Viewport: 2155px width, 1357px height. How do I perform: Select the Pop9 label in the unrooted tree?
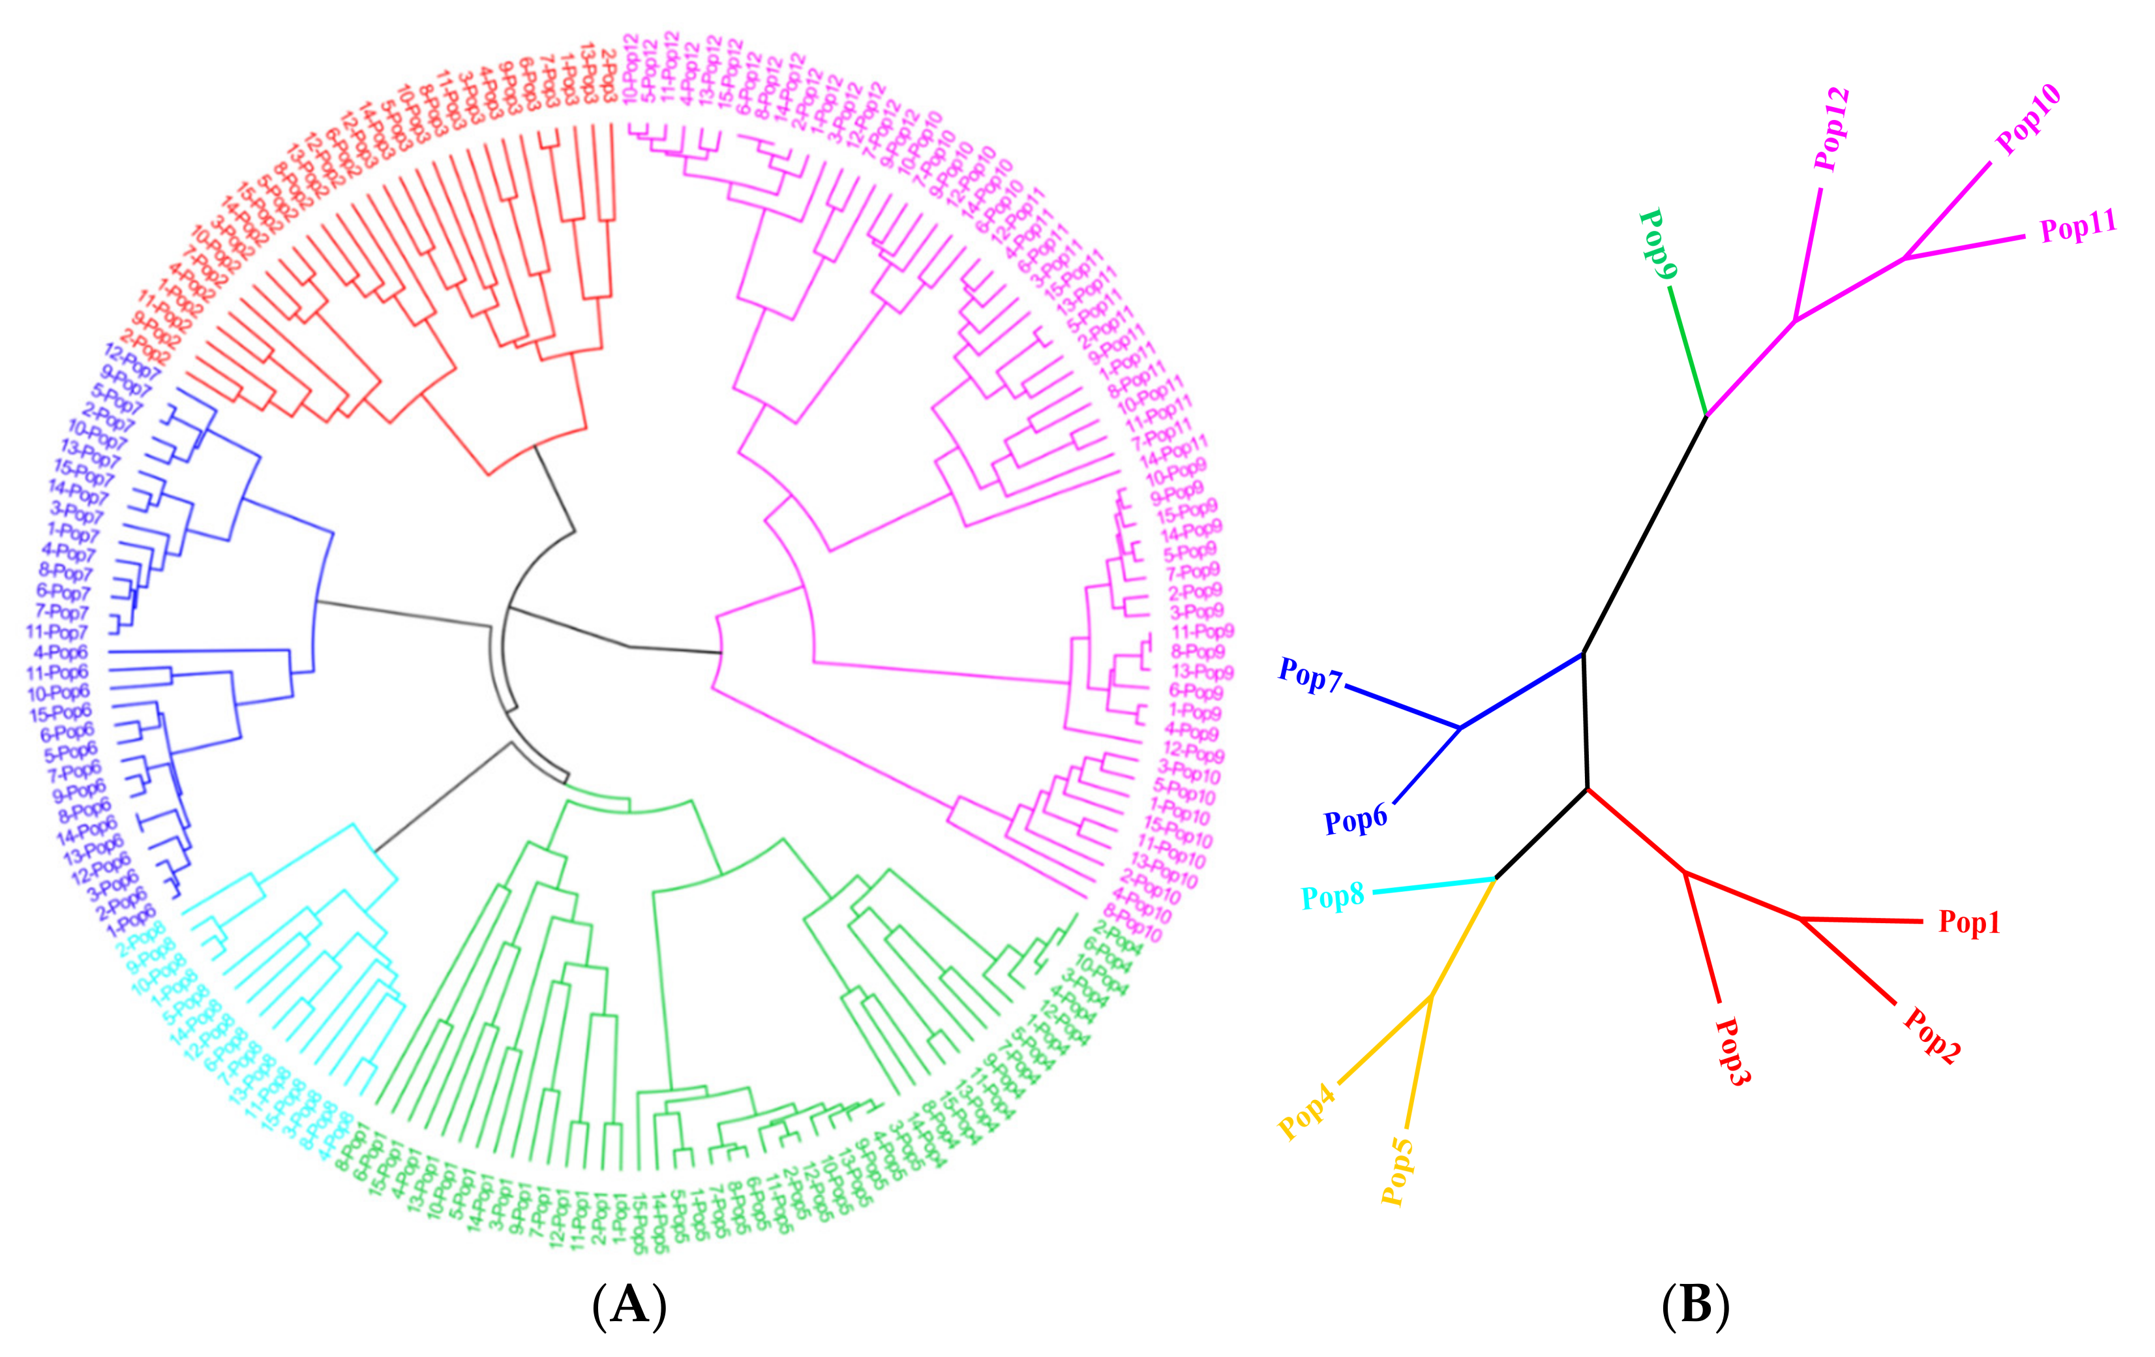[1657, 245]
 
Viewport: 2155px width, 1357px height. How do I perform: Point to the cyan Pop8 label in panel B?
[1332, 896]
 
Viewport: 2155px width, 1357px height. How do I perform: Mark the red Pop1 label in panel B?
[1969, 922]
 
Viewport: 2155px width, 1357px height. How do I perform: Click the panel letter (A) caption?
[629, 1304]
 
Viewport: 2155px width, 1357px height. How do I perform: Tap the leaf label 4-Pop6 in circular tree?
[61, 652]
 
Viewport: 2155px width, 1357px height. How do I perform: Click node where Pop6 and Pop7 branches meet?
[1460, 727]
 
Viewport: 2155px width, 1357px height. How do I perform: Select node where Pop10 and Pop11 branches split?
[1905, 258]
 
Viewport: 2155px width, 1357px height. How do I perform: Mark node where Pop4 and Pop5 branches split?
[1431, 996]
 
